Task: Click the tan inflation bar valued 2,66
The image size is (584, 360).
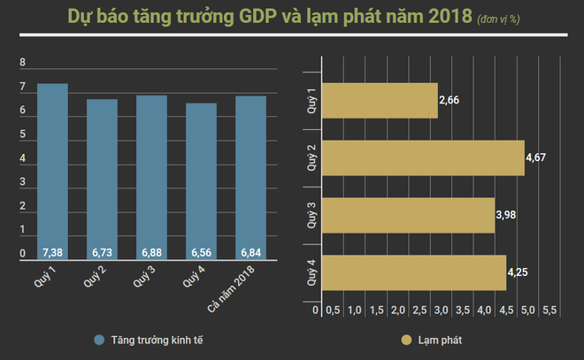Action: (379, 101)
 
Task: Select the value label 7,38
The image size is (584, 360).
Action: (52, 253)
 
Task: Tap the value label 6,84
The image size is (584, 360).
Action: (251, 253)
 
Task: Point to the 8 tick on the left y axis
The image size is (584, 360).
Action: (23, 64)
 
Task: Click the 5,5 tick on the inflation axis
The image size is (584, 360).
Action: (549, 310)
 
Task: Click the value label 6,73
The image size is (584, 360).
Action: (103, 253)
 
